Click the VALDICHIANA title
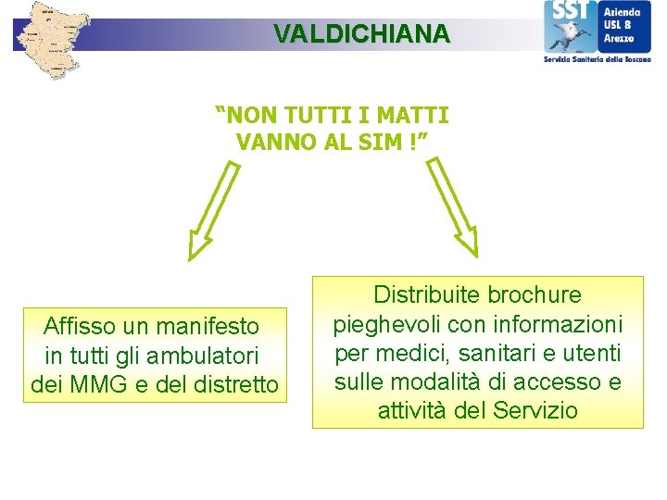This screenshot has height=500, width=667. pos(361,34)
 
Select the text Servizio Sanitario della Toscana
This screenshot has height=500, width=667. pos(598,58)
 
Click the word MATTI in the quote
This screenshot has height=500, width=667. pos(413,116)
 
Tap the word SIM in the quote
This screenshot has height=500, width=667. pos(389,142)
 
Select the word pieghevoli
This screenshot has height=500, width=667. pos(380,325)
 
